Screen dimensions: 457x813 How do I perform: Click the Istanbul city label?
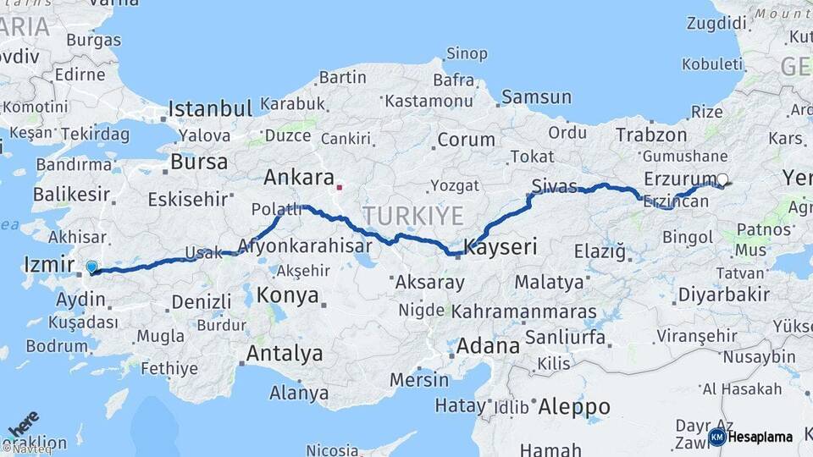click(x=210, y=108)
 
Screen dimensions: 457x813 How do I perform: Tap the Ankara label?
click(x=298, y=178)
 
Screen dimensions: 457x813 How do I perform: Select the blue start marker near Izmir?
click(x=91, y=267)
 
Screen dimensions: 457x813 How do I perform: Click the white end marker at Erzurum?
click(x=722, y=179)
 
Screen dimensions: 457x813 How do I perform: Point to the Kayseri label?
click(x=501, y=247)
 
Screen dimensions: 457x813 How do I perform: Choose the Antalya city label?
click(x=284, y=353)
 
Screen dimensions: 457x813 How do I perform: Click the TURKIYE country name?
click(x=413, y=216)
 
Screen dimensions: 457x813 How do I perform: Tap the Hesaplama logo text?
click(x=760, y=437)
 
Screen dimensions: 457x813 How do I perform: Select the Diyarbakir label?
click(x=723, y=295)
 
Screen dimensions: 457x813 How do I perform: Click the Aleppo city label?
click(x=574, y=407)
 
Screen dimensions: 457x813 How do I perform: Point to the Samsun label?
click(x=536, y=97)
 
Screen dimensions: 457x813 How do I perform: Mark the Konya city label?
click(x=287, y=295)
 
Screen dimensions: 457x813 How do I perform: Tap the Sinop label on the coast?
click(x=467, y=54)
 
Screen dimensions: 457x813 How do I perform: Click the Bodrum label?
click(x=57, y=345)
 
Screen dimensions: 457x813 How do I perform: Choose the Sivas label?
click(x=555, y=185)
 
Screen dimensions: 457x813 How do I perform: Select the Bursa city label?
click(x=199, y=162)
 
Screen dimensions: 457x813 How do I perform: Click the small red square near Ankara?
click(x=340, y=187)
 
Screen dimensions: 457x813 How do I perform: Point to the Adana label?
click(x=488, y=346)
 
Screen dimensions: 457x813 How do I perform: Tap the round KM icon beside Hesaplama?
click(x=716, y=437)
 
